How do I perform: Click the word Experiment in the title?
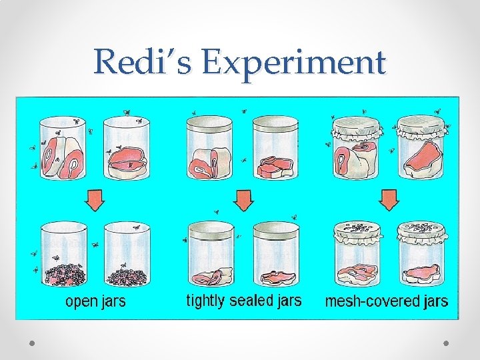[294, 63]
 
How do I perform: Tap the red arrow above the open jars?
[96, 198]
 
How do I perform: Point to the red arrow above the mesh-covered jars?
[389, 198]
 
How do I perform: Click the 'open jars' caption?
[95, 302]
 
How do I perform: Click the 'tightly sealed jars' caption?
[243, 301]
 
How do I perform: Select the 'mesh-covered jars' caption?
[386, 301]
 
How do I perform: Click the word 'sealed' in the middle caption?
[250, 301]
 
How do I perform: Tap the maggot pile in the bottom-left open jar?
[64, 275]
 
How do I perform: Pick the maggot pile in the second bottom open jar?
[127, 275]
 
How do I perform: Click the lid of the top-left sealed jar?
[209, 122]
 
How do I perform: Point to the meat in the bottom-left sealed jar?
[211, 275]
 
